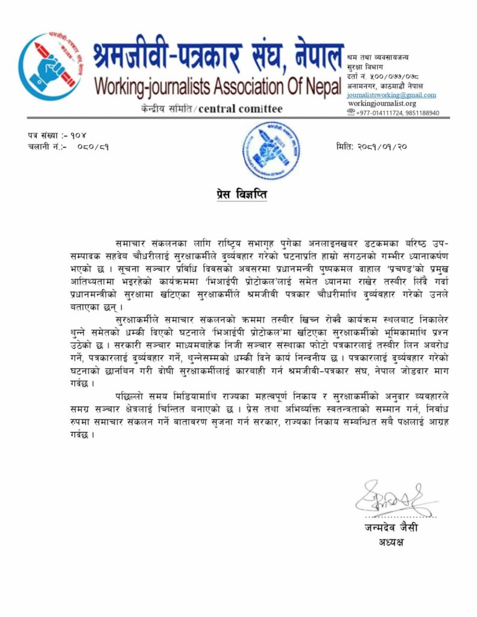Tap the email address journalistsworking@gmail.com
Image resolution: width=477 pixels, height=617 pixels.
pos(391,95)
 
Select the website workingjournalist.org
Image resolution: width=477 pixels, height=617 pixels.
pos(382,104)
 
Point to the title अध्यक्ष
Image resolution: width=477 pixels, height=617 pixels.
pos(391,542)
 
